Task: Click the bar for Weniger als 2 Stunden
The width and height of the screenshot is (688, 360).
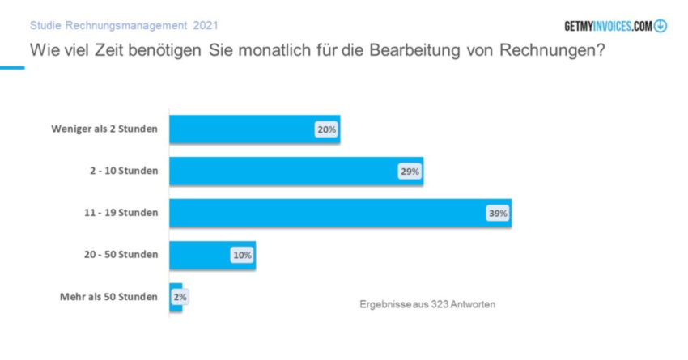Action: [x=243, y=129]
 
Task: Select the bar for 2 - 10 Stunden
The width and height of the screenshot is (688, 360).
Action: [x=283, y=172]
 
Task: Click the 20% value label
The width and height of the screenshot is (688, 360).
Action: [x=326, y=129]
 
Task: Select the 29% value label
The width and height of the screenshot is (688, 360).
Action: [x=410, y=172]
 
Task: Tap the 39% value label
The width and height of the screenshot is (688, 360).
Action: [x=497, y=214]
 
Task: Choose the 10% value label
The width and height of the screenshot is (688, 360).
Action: [x=242, y=255]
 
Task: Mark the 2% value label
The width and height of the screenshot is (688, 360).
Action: [x=180, y=297]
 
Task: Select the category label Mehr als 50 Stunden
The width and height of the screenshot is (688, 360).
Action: [x=108, y=297]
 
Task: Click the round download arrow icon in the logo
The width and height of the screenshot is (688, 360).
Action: [x=660, y=26]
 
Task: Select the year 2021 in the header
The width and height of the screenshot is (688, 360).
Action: [x=206, y=26]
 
